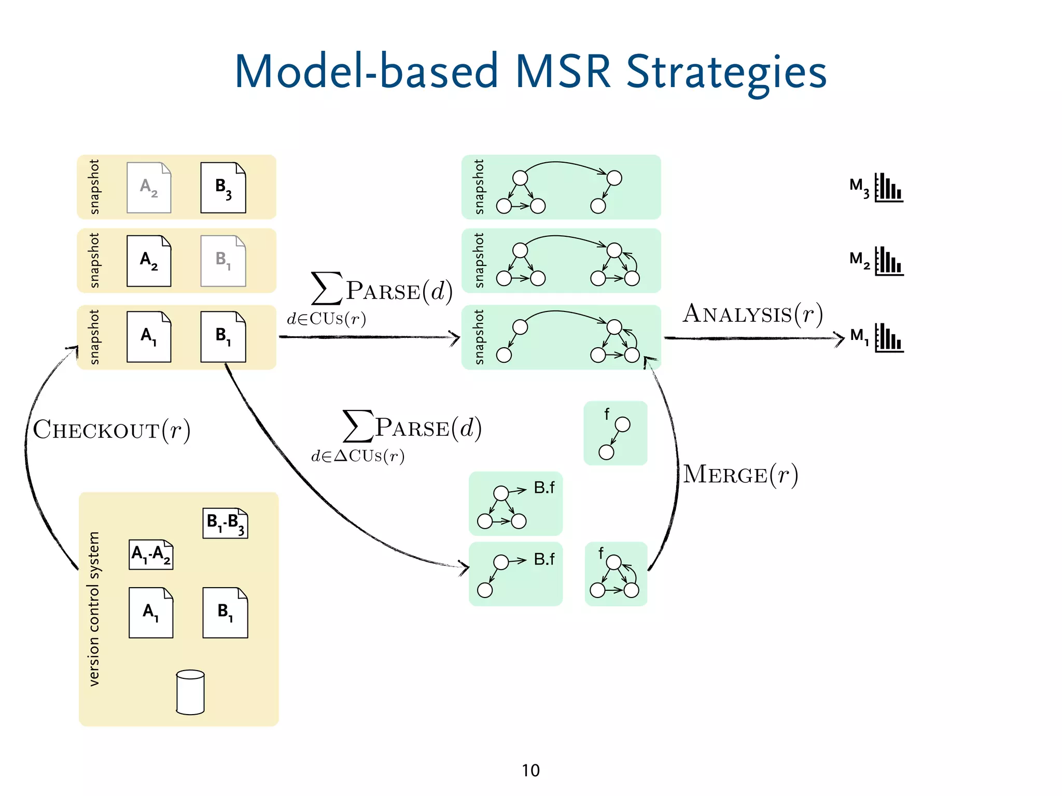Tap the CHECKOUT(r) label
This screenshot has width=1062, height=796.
tap(111, 430)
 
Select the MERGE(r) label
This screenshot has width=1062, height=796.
tap(740, 474)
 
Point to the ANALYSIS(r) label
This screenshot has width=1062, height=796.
tap(752, 314)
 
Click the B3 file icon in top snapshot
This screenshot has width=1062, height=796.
tap(223, 188)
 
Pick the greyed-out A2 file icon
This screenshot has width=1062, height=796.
tap(149, 188)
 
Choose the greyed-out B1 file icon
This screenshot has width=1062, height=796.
tap(223, 261)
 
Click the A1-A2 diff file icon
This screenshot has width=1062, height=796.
tap(151, 555)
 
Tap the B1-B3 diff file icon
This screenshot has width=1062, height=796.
tap(225, 523)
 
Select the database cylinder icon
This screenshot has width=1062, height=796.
tap(190, 692)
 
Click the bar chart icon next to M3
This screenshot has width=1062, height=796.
tap(889, 188)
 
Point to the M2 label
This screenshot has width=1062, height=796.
tap(859, 260)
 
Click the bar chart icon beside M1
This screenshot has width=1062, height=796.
tap(889, 338)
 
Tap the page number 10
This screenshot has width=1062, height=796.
tap(530, 771)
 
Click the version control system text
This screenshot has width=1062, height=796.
tap(94, 609)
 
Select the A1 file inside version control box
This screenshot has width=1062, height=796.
tap(151, 613)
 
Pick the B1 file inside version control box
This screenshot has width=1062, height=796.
tap(225, 613)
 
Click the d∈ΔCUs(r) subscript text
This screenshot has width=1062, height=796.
tap(358, 456)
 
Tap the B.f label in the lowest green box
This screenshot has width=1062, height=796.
tap(544, 559)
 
